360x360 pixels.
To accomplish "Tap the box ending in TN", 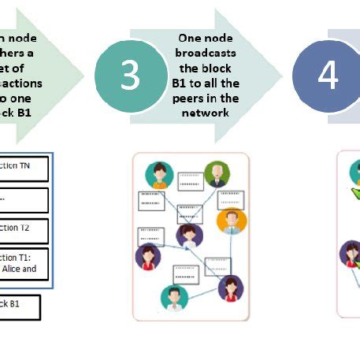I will tap(24, 169).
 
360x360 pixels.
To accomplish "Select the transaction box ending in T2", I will tap(24, 230).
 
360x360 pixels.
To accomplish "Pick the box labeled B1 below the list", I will tap(20, 306).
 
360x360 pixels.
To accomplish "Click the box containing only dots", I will tap(24, 199).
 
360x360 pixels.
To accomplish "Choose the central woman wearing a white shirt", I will tap(188, 234).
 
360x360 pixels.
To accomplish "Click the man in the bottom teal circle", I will tap(174, 299).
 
